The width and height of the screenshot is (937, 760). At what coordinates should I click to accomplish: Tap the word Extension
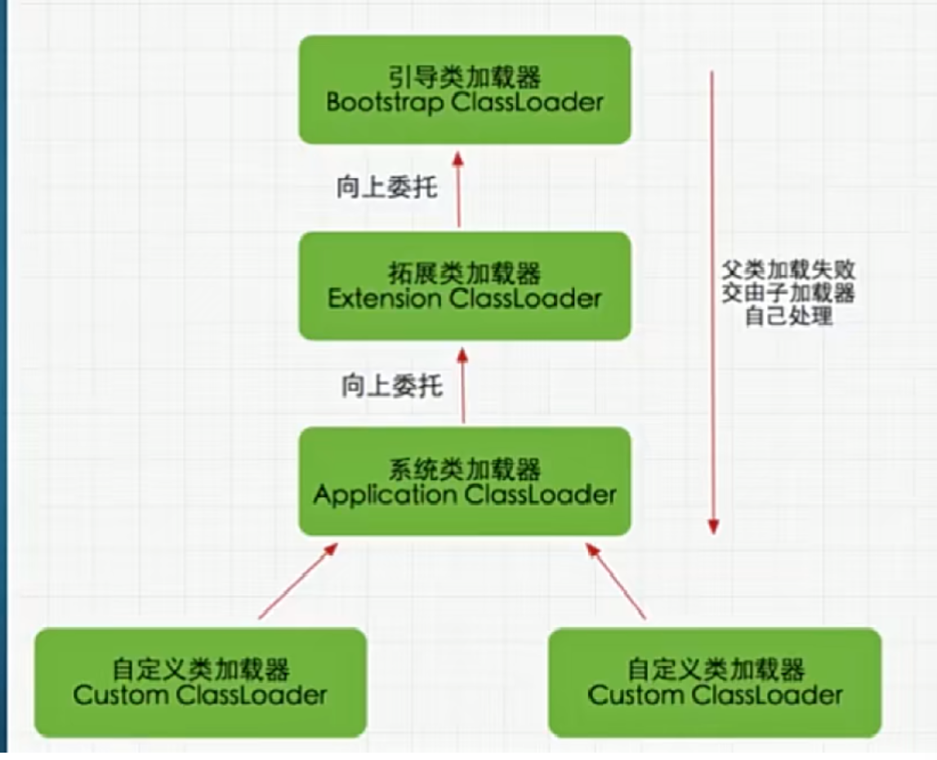pos(383,299)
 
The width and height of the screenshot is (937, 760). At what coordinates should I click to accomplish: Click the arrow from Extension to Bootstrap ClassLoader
pos(459,188)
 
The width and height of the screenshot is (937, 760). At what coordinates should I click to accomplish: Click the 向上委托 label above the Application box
pos(391,385)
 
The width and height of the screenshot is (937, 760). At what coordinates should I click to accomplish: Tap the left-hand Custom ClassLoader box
pos(200,682)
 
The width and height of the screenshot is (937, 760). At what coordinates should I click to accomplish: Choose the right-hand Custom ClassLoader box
pos(715,682)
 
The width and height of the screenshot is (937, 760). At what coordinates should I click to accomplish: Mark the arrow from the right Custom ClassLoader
pos(616,581)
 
